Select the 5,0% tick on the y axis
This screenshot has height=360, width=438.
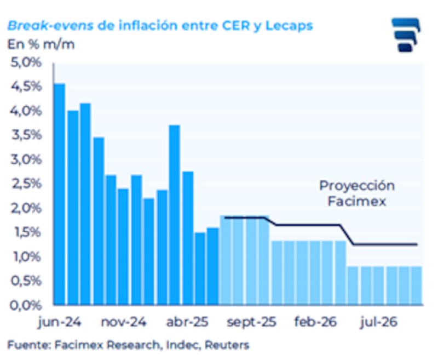(x=26, y=62)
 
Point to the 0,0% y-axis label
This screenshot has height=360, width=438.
(x=26, y=305)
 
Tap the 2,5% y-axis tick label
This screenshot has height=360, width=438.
(x=26, y=184)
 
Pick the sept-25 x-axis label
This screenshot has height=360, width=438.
(x=252, y=322)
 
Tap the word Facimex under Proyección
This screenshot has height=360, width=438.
(x=357, y=201)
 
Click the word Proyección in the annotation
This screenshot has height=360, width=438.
(x=357, y=186)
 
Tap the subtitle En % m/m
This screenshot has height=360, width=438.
(x=41, y=44)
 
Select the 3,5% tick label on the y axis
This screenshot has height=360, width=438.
(x=26, y=135)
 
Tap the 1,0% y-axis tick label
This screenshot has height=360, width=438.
(x=26, y=256)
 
